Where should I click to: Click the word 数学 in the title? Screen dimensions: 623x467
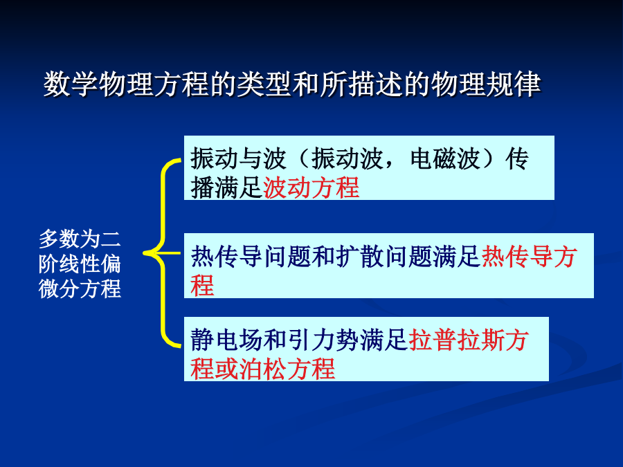tap(71, 84)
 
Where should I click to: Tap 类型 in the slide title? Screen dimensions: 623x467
tap(264, 84)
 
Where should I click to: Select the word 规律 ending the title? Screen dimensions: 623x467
tap(514, 84)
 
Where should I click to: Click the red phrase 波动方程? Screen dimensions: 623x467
tap(311, 187)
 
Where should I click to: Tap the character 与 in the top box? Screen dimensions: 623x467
tap(251, 158)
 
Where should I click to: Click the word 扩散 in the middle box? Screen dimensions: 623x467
tap(359, 257)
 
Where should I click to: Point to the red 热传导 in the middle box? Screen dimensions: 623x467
tap(517, 257)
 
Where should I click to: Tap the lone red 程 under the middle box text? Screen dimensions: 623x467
tap(202, 285)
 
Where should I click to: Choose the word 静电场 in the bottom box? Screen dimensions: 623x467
tap(226, 340)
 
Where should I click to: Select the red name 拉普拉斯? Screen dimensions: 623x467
tap(457, 340)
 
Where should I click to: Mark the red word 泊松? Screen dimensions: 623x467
tap(262, 369)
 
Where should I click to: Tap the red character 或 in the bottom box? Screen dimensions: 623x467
tap(226, 369)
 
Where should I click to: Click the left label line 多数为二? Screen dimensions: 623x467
tap(80, 239)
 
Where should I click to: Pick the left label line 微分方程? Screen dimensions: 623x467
tap(80, 289)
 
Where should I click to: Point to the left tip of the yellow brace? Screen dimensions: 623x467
tap(143, 253)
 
